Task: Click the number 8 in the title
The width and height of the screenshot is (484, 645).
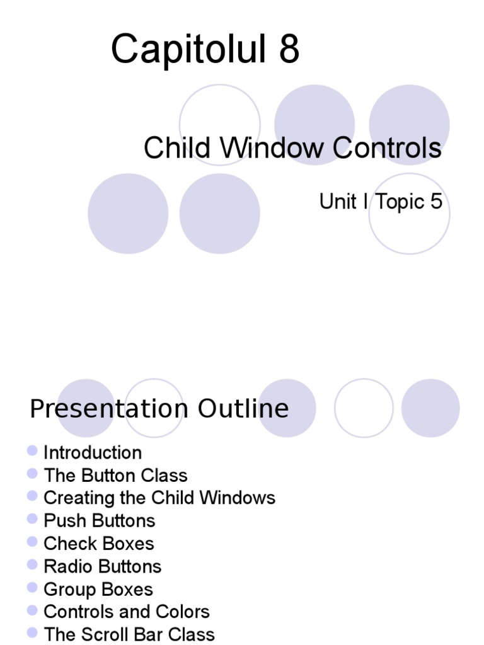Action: point(286,50)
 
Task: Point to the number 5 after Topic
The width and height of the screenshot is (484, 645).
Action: point(436,202)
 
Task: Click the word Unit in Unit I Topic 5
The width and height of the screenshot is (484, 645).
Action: point(338,202)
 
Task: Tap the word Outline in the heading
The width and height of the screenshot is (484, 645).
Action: point(243,409)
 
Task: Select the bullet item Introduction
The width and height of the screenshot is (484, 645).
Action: point(93,453)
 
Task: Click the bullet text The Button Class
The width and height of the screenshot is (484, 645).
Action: point(115,476)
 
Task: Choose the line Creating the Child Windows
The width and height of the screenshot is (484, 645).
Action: point(159,498)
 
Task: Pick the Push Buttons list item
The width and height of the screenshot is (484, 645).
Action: point(99,521)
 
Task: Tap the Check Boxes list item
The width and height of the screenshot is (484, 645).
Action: point(98,544)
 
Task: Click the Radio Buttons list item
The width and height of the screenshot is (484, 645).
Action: point(102,566)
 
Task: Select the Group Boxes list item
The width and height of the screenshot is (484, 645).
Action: point(98,590)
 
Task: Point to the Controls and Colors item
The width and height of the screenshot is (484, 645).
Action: point(126,612)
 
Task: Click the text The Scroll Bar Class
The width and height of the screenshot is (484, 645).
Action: point(129,634)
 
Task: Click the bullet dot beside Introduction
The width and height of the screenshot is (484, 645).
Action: point(33,450)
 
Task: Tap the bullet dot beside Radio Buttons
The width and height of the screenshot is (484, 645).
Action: point(33,564)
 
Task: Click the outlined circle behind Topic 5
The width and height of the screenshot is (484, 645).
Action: point(409,233)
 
